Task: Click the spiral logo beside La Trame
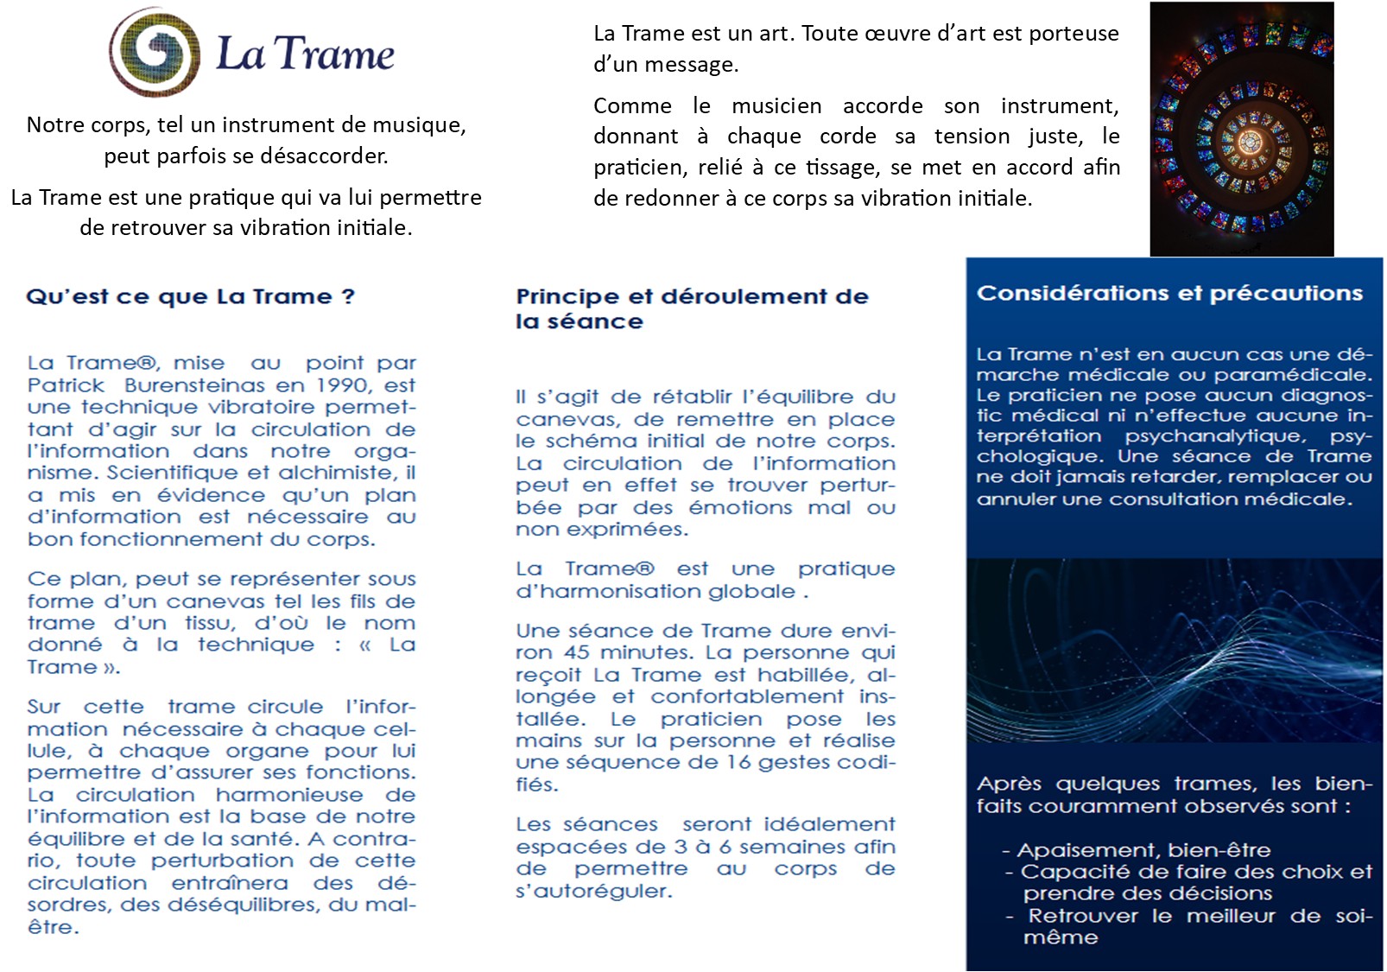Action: click(155, 52)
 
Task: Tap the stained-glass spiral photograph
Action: click(1241, 130)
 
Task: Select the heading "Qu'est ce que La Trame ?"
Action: click(190, 296)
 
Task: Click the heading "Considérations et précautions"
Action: click(1169, 293)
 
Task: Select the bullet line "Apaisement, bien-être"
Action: click(1143, 849)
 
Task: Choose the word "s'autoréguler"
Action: click(593, 891)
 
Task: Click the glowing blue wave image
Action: click(1174, 650)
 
